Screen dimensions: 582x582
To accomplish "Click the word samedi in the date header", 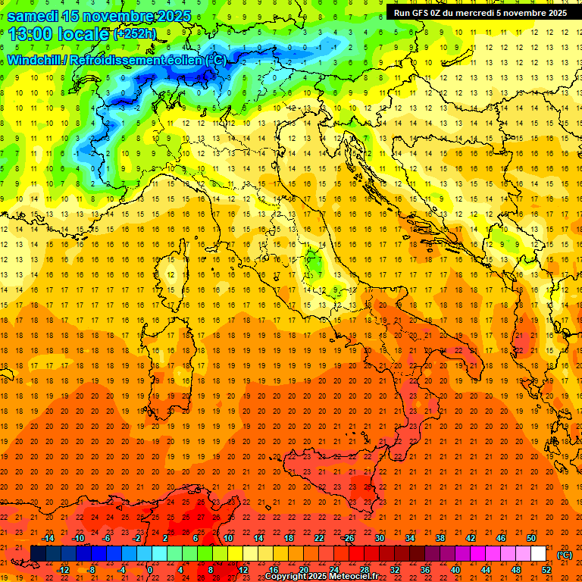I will (38, 16).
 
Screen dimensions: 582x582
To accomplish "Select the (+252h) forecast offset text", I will (135, 34).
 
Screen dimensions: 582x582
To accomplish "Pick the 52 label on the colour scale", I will (546, 570).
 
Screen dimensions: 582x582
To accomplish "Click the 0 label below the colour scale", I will (149, 570).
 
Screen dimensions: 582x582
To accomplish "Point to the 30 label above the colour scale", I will (380, 538).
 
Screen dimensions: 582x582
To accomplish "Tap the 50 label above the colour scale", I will (531, 538).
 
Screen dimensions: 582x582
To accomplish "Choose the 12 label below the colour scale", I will (243, 570).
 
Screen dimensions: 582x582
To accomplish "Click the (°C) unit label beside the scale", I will (565, 555).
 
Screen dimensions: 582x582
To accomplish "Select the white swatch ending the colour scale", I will (538, 554).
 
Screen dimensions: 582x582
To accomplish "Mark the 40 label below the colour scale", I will (455, 570).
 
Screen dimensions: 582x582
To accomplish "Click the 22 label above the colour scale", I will (319, 538).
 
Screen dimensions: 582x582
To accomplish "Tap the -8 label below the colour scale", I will (92, 570).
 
